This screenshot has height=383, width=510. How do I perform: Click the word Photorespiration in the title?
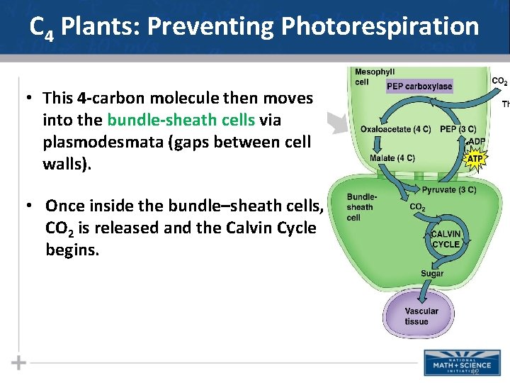pos(380,27)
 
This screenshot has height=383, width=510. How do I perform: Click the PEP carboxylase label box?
pos(419,87)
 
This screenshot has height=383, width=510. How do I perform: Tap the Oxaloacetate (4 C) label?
pos(395,130)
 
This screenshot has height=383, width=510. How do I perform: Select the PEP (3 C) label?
pos(458,130)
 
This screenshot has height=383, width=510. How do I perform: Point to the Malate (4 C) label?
pos(392,157)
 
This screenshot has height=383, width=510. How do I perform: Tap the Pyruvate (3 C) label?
pos(449,190)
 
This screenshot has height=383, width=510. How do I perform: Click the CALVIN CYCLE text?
pos(446,239)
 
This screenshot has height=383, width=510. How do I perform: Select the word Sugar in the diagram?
pos(432,274)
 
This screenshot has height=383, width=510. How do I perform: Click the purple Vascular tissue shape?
pos(422,316)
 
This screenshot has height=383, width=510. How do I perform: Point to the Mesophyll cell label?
pos(375,77)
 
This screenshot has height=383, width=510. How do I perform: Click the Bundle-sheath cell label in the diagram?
pos(361,207)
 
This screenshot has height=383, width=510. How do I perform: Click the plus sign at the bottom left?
pos(19,363)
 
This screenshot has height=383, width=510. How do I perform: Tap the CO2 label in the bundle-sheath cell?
pos(418,208)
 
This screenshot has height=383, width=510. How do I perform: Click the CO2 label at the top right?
pos(499,82)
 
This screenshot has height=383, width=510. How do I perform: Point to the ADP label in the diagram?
pos(477,142)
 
